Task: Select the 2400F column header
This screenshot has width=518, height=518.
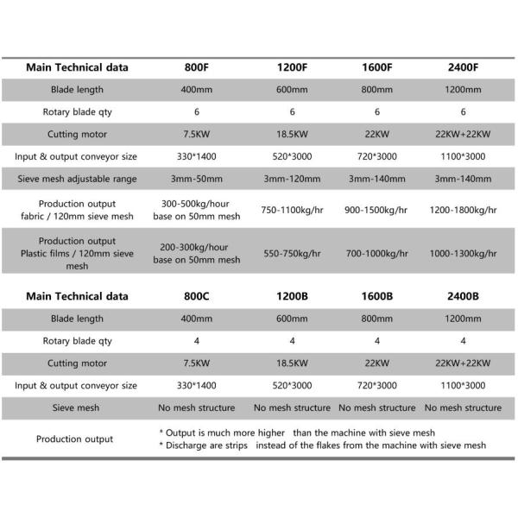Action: (x=464, y=66)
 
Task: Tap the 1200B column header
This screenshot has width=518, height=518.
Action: (x=292, y=296)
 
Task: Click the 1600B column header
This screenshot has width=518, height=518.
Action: (x=376, y=296)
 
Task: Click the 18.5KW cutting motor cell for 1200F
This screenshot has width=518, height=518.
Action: (x=292, y=134)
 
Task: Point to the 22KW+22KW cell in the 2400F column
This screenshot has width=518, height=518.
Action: (x=464, y=134)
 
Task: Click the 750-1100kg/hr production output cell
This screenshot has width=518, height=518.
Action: (x=292, y=209)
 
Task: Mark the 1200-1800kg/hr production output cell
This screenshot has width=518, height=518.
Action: (x=464, y=209)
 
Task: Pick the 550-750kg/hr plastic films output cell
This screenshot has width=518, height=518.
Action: (x=292, y=254)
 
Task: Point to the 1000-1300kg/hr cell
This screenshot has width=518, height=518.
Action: (x=464, y=254)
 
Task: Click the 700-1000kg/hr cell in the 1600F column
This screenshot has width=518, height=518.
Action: (x=376, y=254)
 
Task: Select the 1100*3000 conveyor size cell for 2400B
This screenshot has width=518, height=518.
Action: (x=464, y=385)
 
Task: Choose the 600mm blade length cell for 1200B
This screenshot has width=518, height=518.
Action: (x=292, y=319)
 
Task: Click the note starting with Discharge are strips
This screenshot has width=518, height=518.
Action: (x=323, y=445)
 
